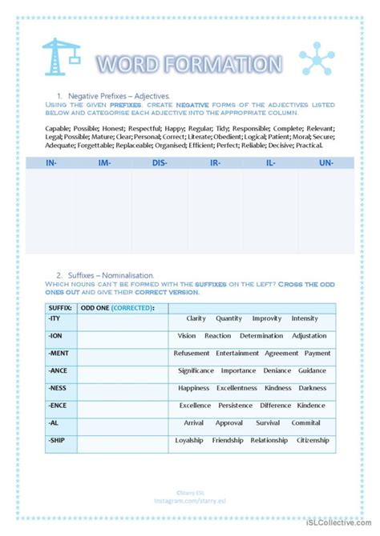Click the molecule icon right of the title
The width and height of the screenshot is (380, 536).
315,61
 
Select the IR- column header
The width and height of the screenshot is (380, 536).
216,162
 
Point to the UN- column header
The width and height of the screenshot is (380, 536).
326,162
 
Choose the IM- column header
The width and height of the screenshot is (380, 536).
104,162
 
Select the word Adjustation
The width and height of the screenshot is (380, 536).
309,335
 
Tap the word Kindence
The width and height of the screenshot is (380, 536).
312,406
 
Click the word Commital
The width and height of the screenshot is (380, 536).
306,422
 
